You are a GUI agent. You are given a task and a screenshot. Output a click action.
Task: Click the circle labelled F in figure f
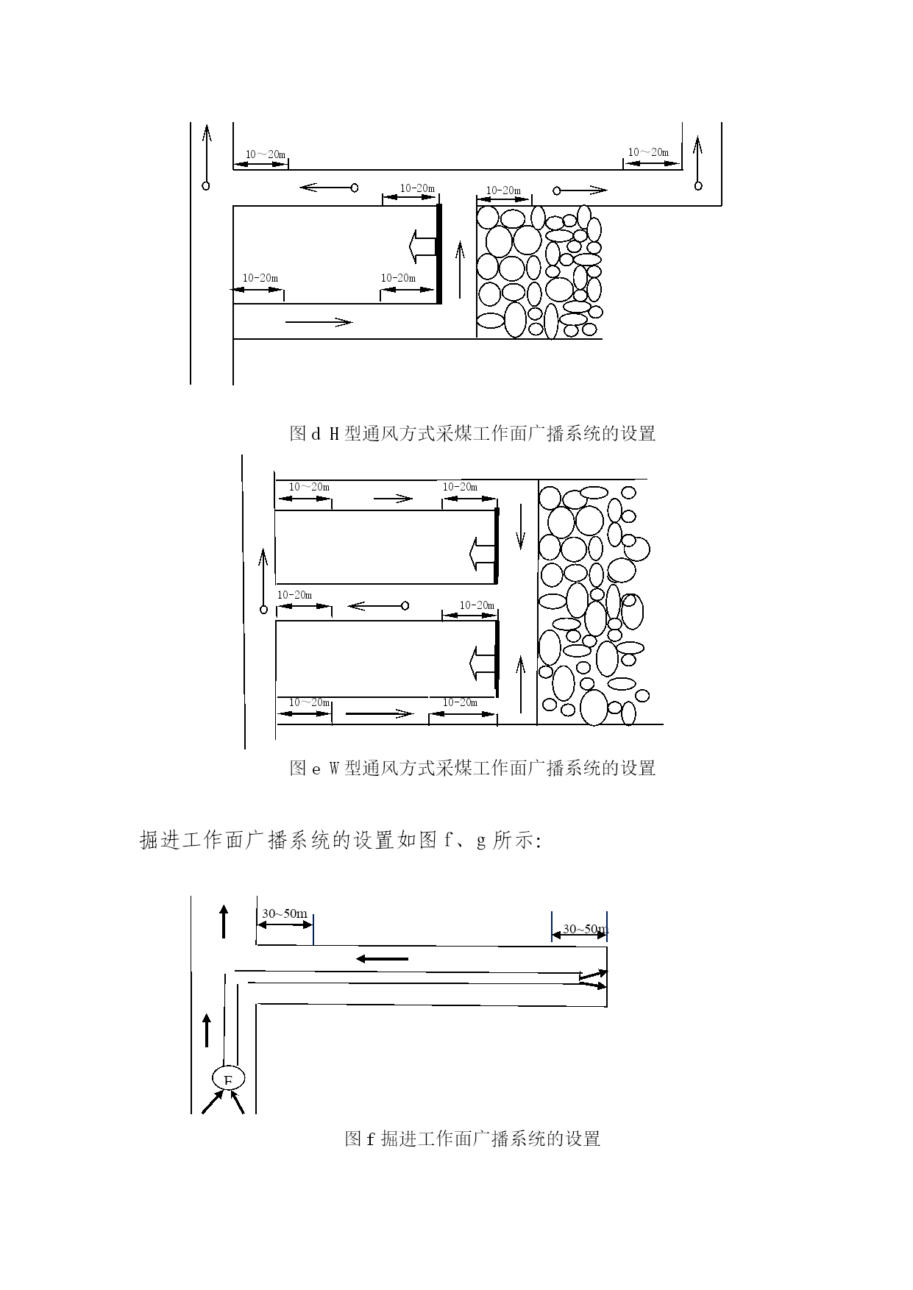(x=228, y=1079)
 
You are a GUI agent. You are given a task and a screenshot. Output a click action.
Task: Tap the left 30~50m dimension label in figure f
(x=285, y=913)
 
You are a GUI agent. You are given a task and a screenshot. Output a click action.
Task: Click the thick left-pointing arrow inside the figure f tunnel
(x=381, y=959)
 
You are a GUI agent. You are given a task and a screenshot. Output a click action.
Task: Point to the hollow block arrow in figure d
(x=422, y=246)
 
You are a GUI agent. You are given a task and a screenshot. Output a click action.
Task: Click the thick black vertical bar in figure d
(x=440, y=254)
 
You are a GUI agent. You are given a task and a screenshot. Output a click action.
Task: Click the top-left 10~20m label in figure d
(x=266, y=154)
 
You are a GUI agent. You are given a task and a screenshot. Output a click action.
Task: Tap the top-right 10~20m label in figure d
(x=648, y=152)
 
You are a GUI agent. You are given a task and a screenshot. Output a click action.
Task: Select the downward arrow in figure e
(x=521, y=527)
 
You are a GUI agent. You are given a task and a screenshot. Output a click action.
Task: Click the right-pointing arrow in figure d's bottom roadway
(x=319, y=321)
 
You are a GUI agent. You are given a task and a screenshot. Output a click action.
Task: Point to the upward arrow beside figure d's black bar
(x=460, y=270)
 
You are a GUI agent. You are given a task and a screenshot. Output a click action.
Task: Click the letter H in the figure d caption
(x=333, y=433)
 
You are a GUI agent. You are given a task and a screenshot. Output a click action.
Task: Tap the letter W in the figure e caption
(x=333, y=768)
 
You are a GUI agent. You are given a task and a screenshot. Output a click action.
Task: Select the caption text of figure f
(x=472, y=1138)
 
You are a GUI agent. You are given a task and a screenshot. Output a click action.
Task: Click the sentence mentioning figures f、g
(x=341, y=840)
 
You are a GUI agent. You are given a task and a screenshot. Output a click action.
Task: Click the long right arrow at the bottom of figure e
(x=380, y=713)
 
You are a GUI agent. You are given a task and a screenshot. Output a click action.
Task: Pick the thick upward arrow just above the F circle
(x=207, y=1030)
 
